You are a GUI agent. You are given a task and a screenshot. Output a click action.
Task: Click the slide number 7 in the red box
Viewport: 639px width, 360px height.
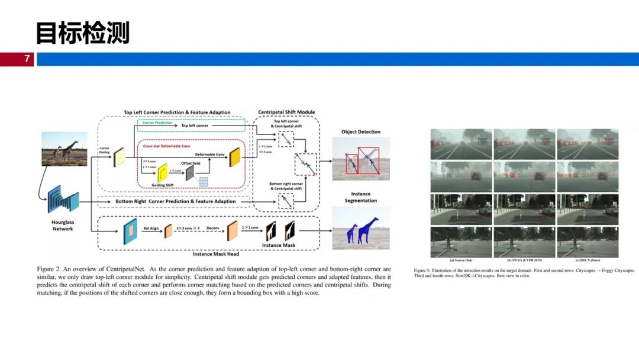click(x=27, y=59)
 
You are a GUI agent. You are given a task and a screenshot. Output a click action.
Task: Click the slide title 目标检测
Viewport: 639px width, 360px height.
click(x=82, y=33)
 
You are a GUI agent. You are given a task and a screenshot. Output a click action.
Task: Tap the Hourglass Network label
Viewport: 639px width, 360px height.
click(x=62, y=225)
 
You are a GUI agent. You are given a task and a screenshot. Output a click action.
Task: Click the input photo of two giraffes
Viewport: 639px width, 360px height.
click(x=64, y=149)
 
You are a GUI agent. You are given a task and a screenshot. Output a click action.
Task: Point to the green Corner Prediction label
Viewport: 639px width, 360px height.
click(x=157, y=123)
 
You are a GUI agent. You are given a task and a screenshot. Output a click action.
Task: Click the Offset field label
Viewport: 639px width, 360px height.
click(x=190, y=163)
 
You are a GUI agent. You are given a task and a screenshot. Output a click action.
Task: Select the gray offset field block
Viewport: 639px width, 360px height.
click(x=191, y=173)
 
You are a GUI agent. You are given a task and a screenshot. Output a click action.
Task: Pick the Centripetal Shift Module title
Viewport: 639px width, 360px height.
click(x=286, y=112)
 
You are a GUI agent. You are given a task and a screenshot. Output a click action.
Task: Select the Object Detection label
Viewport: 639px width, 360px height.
click(x=360, y=132)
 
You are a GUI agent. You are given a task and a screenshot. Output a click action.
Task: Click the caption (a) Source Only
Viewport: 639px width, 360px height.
click(x=461, y=260)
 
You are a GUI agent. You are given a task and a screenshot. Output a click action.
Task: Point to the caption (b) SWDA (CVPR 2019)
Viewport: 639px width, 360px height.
click(x=524, y=260)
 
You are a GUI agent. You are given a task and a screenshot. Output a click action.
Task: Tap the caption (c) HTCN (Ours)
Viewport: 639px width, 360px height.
click(x=588, y=260)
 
